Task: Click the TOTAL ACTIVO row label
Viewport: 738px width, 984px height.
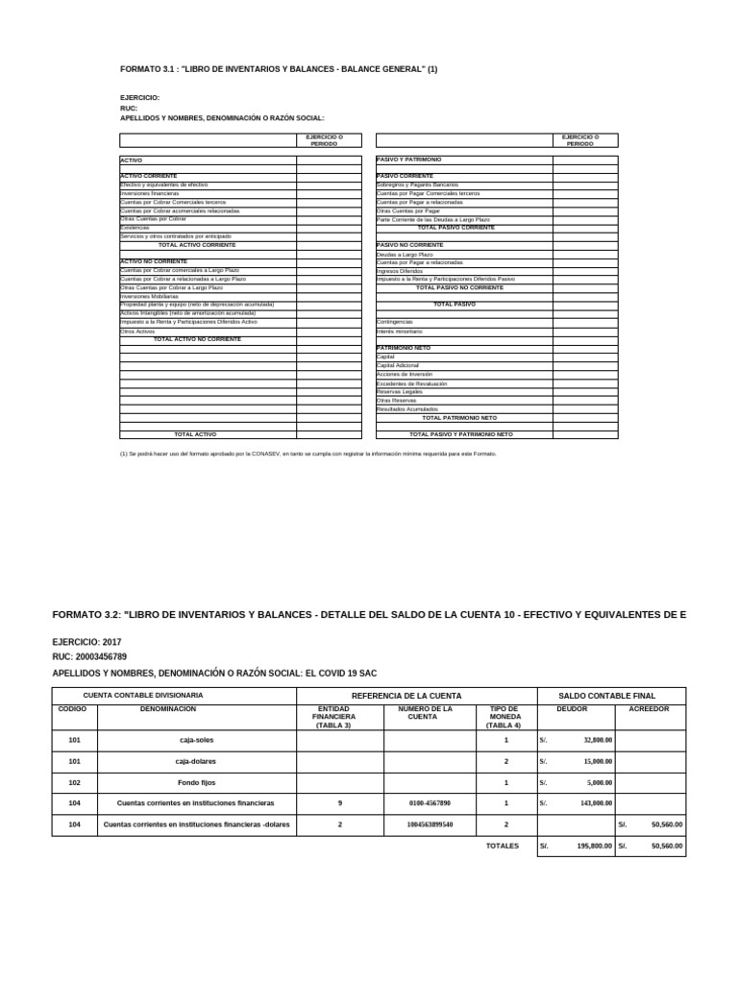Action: pos(195,434)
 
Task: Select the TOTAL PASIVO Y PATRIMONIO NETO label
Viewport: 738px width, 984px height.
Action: pos(460,434)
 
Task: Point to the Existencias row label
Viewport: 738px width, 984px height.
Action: pos(134,228)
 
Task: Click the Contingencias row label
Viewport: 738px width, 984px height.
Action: pos(395,322)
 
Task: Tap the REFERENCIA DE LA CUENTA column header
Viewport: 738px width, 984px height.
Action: pos(406,695)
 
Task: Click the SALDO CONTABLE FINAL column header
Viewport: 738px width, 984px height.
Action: pos(610,695)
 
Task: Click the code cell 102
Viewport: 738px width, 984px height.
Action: pos(74,782)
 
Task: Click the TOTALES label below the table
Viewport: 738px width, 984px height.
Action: pos(502,847)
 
